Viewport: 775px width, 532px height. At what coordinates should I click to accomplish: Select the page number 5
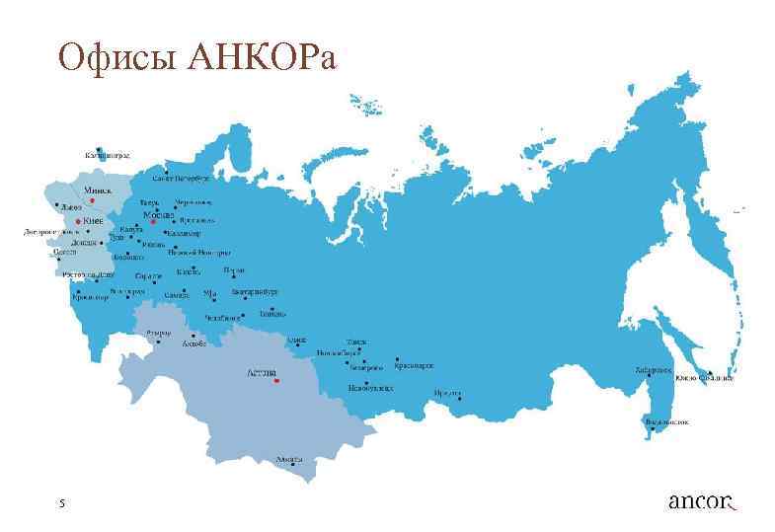pyautogui.click(x=61, y=503)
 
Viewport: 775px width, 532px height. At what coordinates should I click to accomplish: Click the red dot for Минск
pyautogui.click(x=92, y=199)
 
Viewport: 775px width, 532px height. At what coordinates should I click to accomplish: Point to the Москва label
pyautogui.click(x=158, y=214)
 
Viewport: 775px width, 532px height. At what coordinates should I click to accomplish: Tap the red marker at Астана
pyautogui.click(x=277, y=380)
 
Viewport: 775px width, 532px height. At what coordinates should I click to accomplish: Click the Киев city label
pyautogui.click(x=93, y=220)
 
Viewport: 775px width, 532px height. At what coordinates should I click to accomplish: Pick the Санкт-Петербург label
pyautogui.click(x=182, y=180)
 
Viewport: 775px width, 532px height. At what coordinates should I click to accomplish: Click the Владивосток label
pyautogui.click(x=666, y=421)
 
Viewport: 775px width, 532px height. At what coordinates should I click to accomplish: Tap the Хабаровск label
pyautogui.click(x=654, y=370)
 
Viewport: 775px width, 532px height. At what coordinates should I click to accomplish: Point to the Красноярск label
pyautogui.click(x=414, y=365)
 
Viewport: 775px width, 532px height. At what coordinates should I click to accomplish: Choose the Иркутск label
pyautogui.click(x=447, y=392)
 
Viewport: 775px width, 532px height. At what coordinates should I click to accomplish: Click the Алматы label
pyautogui.click(x=290, y=460)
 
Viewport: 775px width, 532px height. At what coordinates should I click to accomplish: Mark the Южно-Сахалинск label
pyautogui.click(x=705, y=377)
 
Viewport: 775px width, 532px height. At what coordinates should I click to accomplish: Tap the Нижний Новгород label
pyautogui.click(x=192, y=252)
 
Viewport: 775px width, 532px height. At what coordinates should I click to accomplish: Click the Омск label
pyautogui.click(x=296, y=340)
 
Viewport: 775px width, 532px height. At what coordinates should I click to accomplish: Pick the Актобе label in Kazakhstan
pyautogui.click(x=194, y=344)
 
